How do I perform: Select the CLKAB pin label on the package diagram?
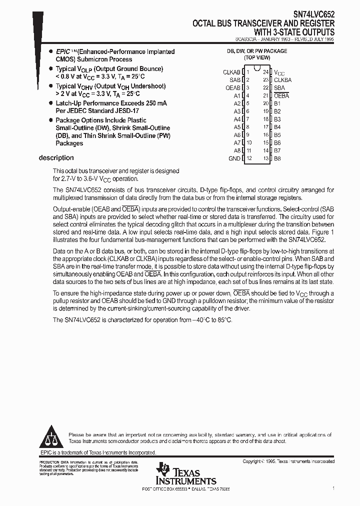(x=231, y=72)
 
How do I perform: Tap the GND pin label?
(x=234, y=158)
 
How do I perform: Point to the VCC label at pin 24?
(x=279, y=72)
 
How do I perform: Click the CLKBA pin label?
(x=282, y=80)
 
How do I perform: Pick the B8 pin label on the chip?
(x=277, y=158)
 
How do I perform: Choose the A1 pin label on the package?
(x=236, y=95)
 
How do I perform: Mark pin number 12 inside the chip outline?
(x=248, y=158)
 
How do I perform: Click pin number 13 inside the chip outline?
(x=265, y=158)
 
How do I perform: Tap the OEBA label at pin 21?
(x=281, y=95)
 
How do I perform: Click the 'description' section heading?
(x=56, y=158)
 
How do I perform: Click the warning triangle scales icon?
(x=49, y=437)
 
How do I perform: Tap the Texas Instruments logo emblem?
(x=162, y=469)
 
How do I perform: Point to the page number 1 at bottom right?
(x=333, y=487)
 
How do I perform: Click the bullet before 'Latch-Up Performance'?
(x=50, y=103)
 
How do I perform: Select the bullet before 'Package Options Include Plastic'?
(x=50, y=120)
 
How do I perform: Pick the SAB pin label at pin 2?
(x=235, y=80)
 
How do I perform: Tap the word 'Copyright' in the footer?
(x=253, y=461)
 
